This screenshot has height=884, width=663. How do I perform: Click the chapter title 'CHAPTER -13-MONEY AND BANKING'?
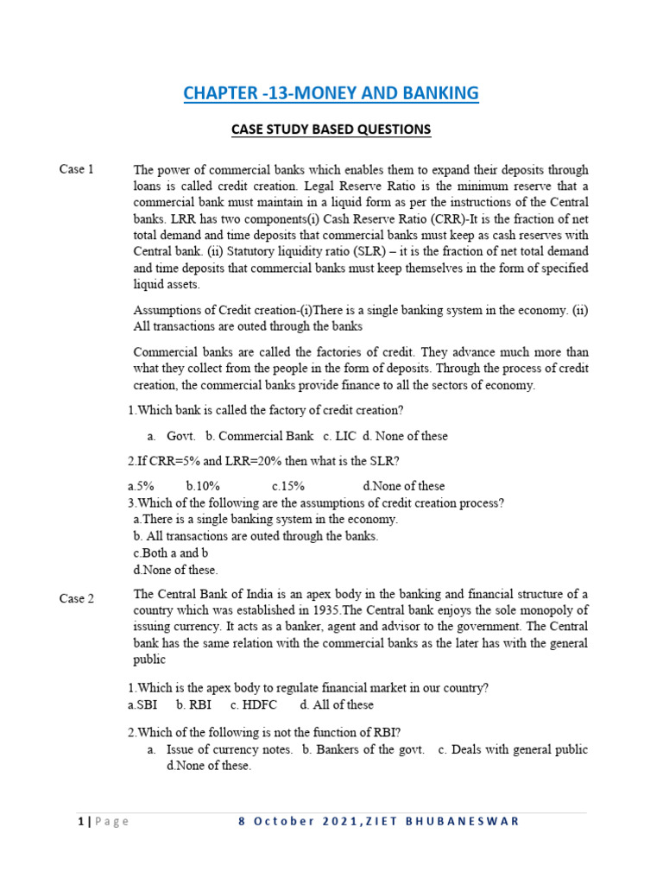point(331,93)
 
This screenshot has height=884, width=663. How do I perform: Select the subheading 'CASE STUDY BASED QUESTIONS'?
point(331,129)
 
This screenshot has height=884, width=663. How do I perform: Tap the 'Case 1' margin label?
point(77,169)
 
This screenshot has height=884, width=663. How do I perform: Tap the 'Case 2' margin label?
point(77,598)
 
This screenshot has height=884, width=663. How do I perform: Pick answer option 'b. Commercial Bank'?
point(259,436)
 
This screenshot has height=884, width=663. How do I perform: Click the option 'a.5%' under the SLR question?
point(141,486)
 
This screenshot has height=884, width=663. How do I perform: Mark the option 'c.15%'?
point(287,486)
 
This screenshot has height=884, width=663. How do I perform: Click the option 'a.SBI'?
point(142,704)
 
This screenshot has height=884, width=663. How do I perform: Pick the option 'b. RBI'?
point(194,704)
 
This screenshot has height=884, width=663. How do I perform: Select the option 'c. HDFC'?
point(254,704)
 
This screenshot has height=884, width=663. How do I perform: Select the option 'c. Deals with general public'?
point(513,749)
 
